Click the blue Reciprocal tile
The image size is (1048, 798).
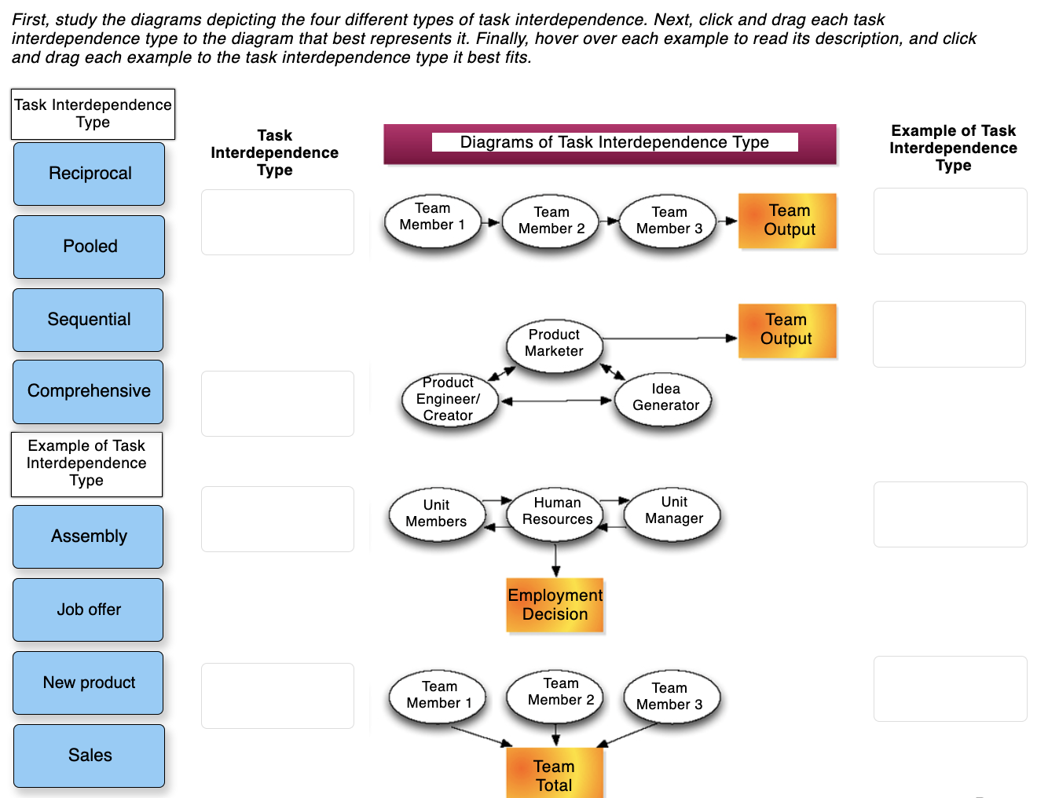coord(90,174)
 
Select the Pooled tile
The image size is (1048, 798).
coord(90,247)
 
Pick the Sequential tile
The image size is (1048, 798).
coord(89,320)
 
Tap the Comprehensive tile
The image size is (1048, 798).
coord(89,391)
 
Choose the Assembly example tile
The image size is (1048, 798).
coord(89,536)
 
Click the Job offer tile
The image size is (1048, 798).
coord(89,609)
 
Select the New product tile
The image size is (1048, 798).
coord(89,683)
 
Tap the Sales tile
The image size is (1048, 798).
coord(90,756)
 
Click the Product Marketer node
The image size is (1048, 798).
coord(554,343)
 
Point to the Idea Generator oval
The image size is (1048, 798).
coord(665,397)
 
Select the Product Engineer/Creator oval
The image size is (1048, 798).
coord(449,400)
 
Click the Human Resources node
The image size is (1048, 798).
coord(557,511)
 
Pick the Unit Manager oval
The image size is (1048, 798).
coord(673,511)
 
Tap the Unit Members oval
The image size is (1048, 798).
coord(436,514)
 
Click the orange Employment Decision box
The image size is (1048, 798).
coord(555,605)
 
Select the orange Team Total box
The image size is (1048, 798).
coord(555,774)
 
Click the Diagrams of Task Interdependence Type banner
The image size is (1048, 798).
coord(610,143)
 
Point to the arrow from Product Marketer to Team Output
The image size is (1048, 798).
coord(668,339)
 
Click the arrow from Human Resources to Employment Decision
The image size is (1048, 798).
coord(556,559)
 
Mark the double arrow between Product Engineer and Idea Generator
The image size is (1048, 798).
coord(556,401)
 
